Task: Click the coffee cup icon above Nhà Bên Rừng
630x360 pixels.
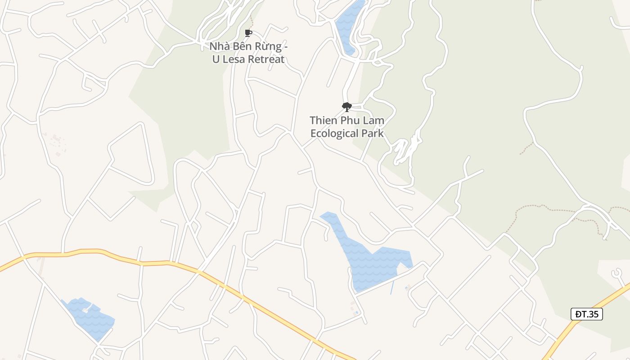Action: point(248,33)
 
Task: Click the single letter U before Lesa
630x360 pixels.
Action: point(216,59)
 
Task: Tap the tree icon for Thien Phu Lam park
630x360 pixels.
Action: point(346,107)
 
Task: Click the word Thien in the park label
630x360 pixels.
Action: point(322,121)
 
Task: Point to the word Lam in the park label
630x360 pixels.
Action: point(374,121)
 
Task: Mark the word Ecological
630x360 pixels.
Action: point(333,134)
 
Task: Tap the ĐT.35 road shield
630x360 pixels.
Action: point(586,314)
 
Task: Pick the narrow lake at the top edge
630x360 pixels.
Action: point(346,25)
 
